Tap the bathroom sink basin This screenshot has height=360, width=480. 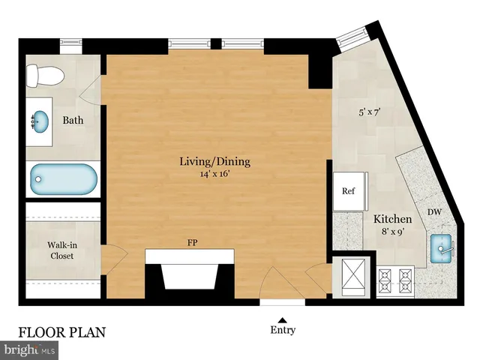pyautogui.click(x=40, y=119)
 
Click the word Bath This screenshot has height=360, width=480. pyautogui.click(x=73, y=120)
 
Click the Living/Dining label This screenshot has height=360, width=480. pyautogui.click(x=214, y=161)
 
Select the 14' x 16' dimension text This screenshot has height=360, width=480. pyautogui.click(x=214, y=175)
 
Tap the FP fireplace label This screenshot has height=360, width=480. pyautogui.click(x=192, y=243)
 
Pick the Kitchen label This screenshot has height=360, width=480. pyautogui.click(x=393, y=219)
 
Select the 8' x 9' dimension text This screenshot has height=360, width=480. pyautogui.click(x=393, y=232)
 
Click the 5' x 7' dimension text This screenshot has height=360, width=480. pyautogui.click(x=370, y=112)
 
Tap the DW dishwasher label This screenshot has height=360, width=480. pyautogui.click(x=434, y=213)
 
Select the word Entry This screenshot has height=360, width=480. pyautogui.click(x=282, y=330)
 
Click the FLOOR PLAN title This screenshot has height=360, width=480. pyautogui.click(x=62, y=331)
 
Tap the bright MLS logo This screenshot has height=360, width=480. pyautogui.click(x=30, y=349)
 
